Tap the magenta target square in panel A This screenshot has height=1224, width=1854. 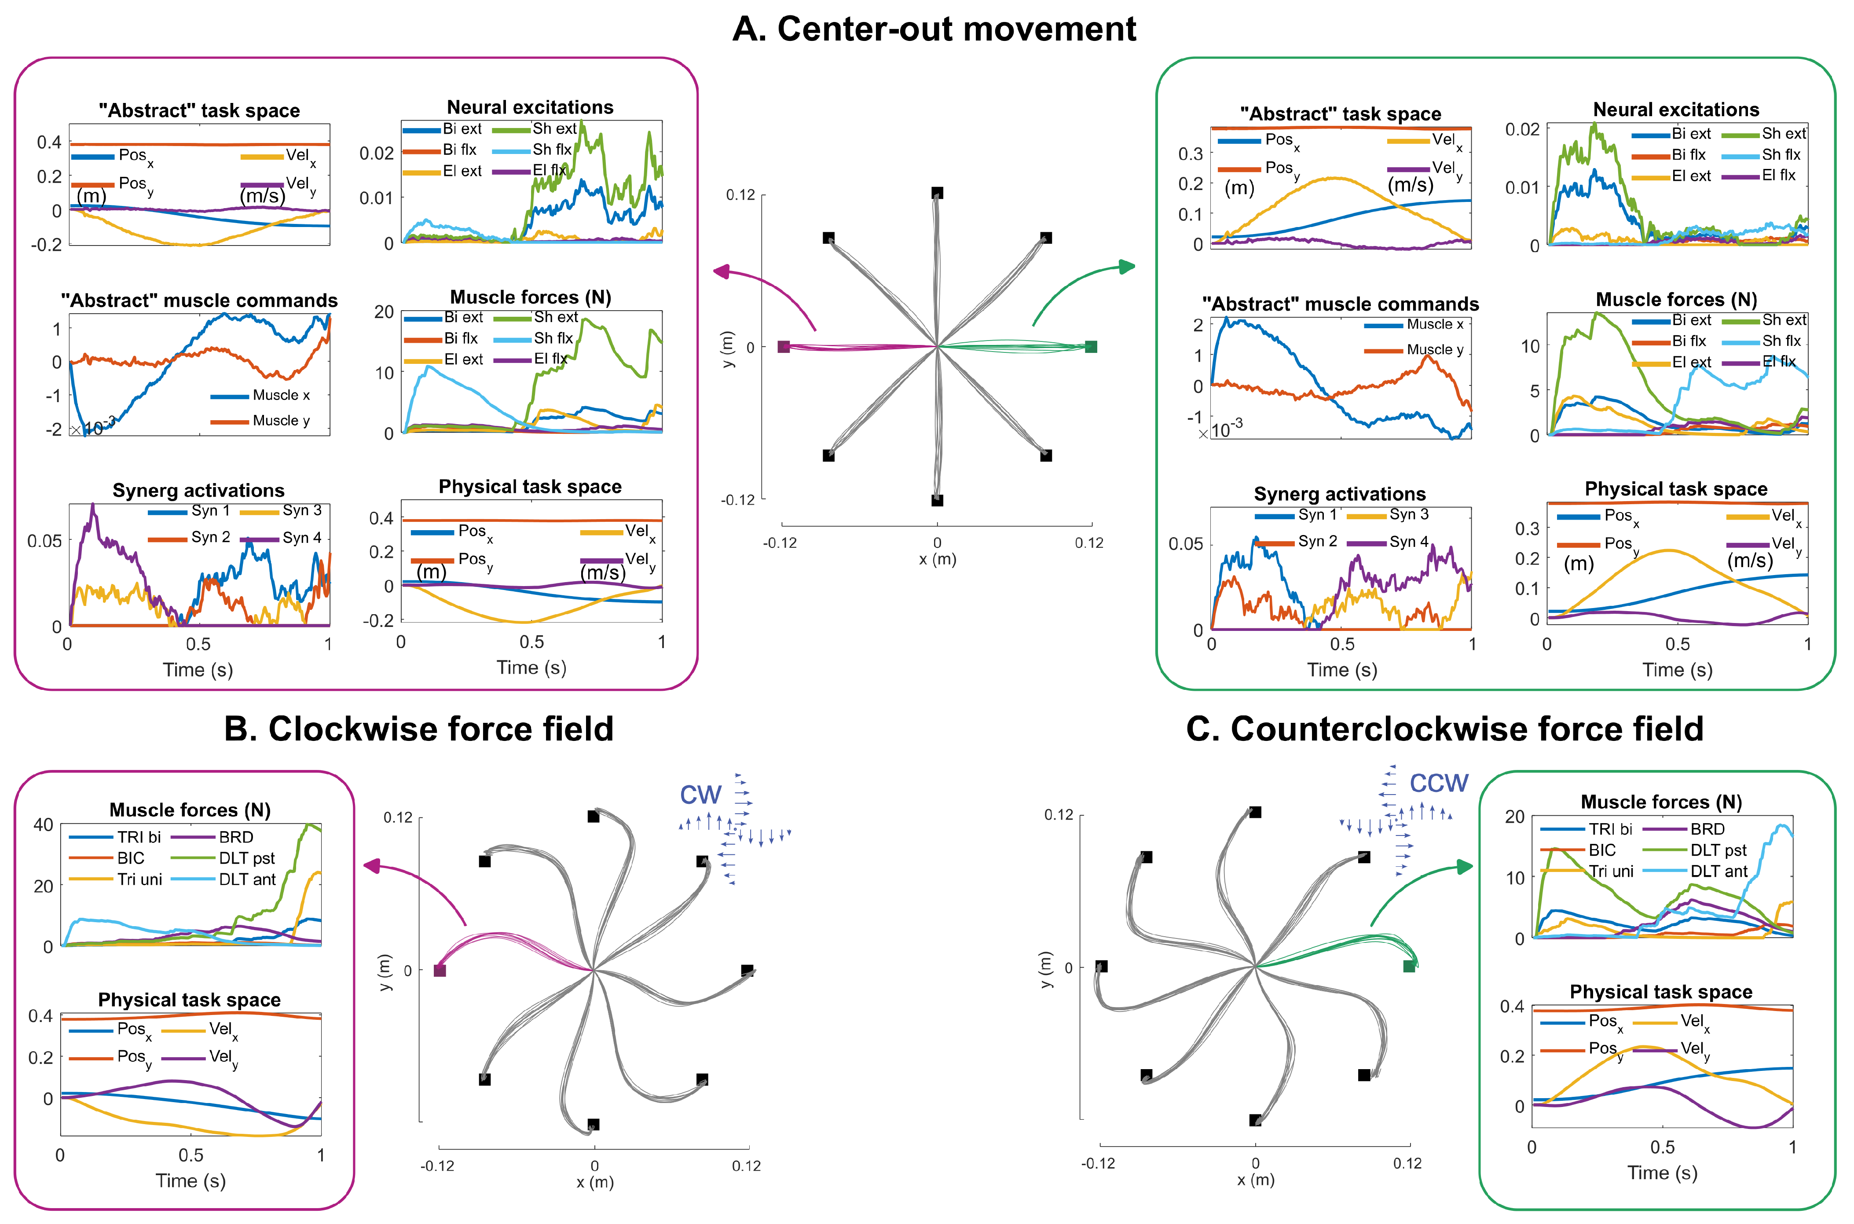coord(784,347)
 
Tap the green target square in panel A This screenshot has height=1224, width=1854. coord(1091,347)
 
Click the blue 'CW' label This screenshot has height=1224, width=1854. coord(700,795)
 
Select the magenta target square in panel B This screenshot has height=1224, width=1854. coord(440,970)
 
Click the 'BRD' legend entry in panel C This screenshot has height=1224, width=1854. coord(1707,829)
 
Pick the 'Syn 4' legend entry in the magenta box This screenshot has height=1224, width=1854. coord(301,538)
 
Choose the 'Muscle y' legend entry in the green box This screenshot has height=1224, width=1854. coord(1435,350)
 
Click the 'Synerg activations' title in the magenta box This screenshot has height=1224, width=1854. coord(198,490)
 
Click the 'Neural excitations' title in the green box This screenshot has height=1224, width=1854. coord(1676,109)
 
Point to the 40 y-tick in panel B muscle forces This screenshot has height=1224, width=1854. coord(44,825)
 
